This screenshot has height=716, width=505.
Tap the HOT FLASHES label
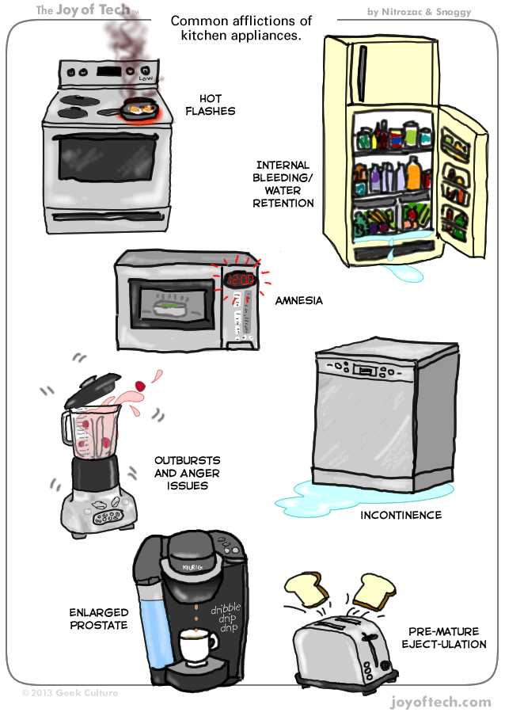(210, 105)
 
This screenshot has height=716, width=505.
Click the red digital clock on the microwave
(239, 280)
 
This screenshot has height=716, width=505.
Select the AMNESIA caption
(298, 301)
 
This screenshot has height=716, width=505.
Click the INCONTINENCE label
(401, 516)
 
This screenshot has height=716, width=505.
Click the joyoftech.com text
(441, 702)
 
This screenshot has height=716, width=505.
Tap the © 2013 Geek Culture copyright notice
(70, 692)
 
